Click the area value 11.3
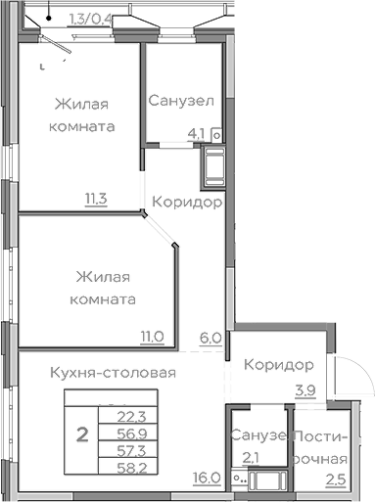(95, 201)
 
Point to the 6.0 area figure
(210, 339)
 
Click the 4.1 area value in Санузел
(197, 136)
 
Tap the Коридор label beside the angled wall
(186, 203)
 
